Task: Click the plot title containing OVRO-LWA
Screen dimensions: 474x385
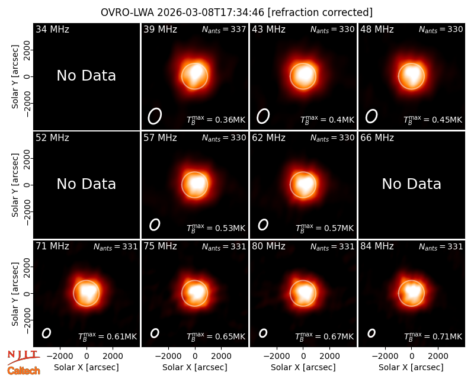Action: (236, 12)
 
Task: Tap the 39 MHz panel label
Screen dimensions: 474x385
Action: (160, 29)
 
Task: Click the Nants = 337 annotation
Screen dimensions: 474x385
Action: (224, 30)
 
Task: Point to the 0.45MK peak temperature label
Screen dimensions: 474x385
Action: (433, 120)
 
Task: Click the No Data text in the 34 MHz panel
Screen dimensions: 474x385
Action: (87, 76)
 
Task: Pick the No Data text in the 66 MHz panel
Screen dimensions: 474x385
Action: (411, 184)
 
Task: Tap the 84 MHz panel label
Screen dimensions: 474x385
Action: (377, 246)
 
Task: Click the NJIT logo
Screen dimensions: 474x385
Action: (23, 357)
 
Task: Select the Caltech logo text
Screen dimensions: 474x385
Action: (24, 371)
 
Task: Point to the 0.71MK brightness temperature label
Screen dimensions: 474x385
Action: (433, 336)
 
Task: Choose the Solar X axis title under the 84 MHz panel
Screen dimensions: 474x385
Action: (411, 367)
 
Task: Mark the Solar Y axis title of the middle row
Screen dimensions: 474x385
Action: (15, 185)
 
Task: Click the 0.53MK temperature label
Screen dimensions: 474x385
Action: (216, 228)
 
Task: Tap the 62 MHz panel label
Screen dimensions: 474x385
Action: (269, 138)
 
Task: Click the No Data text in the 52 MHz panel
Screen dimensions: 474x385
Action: (87, 184)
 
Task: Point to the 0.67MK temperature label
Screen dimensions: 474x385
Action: (324, 336)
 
